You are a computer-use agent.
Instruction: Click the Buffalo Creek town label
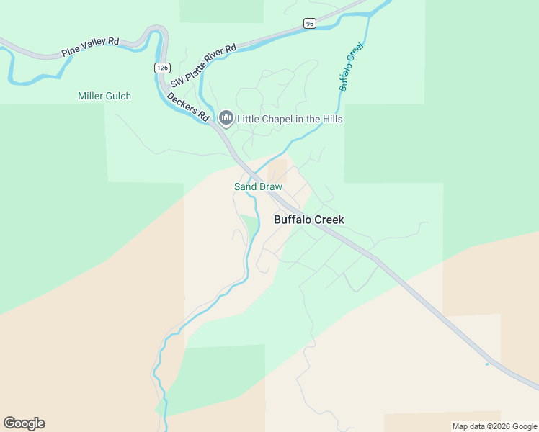[x=309, y=220]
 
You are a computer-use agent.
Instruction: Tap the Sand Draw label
[x=258, y=186]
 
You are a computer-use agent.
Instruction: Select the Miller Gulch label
[x=104, y=96]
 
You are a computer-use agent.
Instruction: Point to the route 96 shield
[x=309, y=23]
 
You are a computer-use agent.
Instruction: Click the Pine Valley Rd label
[x=90, y=47]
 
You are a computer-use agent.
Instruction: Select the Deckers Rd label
[x=188, y=106]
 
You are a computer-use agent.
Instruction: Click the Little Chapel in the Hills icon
[x=226, y=118]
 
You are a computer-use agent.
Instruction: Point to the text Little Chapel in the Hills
[x=290, y=119]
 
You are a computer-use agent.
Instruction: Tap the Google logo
[x=24, y=423]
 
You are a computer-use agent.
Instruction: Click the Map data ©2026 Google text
[x=494, y=426]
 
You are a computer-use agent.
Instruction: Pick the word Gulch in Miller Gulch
[x=118, y=96]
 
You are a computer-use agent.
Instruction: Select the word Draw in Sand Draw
[x=270, y=186]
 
